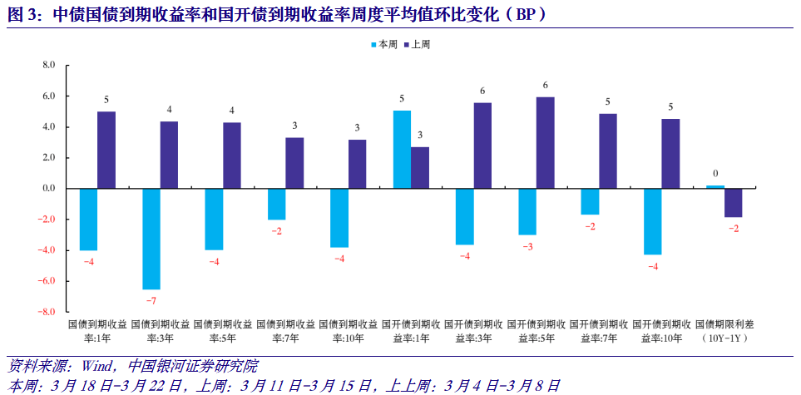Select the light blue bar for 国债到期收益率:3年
tap(151, 239)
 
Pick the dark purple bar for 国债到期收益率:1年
tap(106, 151)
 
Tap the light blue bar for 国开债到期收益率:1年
tap(402, 150)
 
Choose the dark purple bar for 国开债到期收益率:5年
tap(546, 143)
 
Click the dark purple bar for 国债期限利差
tap(733, 203)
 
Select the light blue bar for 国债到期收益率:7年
tap(276, 205)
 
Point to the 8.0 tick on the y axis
tap(48, 65)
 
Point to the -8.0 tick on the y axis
tap(47, 312)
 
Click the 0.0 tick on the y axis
tap(48, 189)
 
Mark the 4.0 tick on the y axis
tap(48, 127)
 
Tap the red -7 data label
tap(151, 299)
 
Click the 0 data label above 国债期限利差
tap(714, 174)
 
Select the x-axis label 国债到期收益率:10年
tap(349, 331)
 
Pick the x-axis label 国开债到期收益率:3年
tap(473, 331)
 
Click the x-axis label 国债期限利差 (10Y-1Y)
tap(724, 331)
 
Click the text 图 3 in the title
tap(22, 13)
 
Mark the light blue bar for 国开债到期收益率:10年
tap(652, 221)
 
